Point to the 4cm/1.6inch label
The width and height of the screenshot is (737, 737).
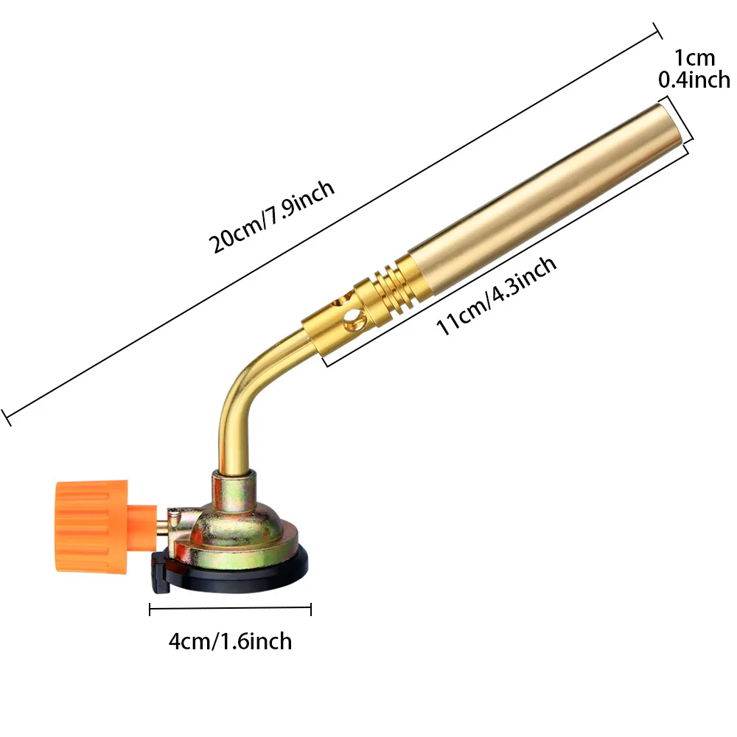[230, 640]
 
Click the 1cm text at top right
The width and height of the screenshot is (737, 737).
[694, 57]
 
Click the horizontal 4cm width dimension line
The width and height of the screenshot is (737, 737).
[230, 609]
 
